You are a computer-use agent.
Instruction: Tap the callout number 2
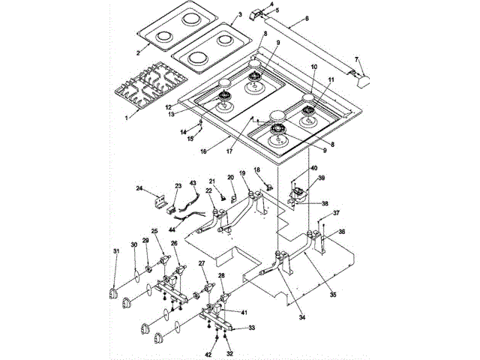click(138, 52)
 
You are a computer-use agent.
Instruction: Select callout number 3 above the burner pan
click(238, 14)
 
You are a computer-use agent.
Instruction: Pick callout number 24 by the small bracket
click(140, 188)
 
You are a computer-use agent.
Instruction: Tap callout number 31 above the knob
click(115, 250)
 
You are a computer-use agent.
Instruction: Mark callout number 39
click(322, 178)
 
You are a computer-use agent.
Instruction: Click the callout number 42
click(208, 353)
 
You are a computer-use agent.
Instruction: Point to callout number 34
click(301, 318)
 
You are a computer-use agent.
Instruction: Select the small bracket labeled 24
click(160, 202)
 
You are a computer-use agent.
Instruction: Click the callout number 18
click(256, 171)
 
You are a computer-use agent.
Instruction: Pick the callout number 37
click(337, 213)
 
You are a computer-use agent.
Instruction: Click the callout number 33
click(252, 328)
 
